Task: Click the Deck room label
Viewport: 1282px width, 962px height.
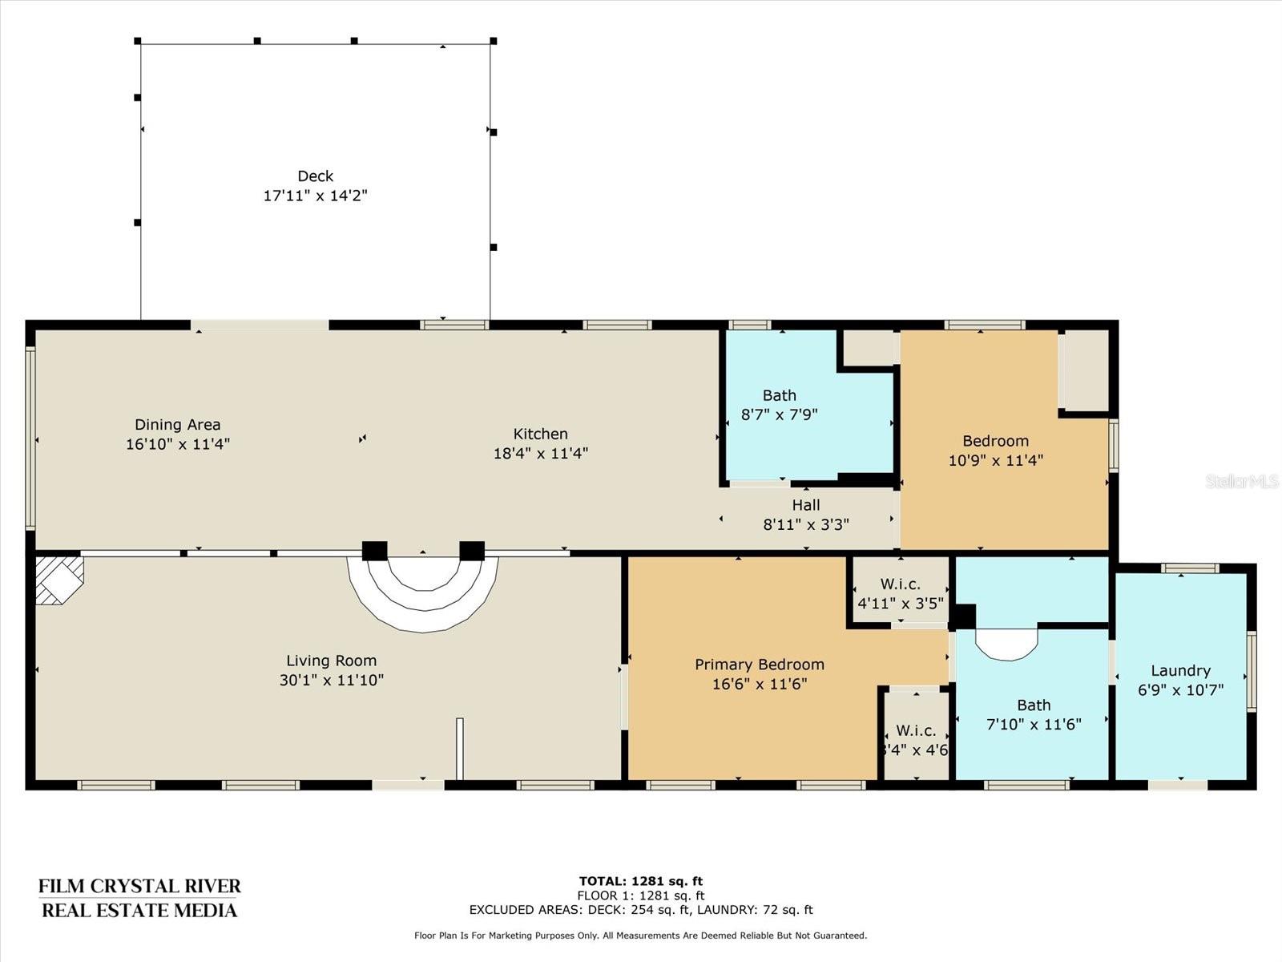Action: tap(316, 176)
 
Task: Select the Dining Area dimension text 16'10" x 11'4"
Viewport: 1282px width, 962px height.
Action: tap(178, 444)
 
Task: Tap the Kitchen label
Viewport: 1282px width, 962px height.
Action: tap(540, 434)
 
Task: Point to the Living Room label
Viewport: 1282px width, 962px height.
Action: tap(331, 661)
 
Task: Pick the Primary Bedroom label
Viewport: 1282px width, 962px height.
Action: tap(760, 665)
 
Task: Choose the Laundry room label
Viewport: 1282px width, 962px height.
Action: tap(1180, 670)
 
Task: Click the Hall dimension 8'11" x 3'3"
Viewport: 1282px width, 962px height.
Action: tap(806, 524)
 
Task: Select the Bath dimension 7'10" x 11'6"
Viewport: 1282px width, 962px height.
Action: tap(1034, 725)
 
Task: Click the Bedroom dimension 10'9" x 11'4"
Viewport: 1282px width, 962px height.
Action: tap(996, 460)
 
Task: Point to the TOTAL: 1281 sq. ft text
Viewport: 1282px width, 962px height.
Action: tap(641, 881)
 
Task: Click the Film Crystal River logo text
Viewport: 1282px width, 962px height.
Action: tap(139, 899)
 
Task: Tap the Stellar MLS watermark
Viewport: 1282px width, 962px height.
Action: tap(1242, 481)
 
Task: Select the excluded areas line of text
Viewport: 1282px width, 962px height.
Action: tap(641, 909)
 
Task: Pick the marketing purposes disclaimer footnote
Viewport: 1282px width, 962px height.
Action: tap(641, 935)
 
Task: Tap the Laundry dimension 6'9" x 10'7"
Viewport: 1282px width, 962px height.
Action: tap(1180, 690)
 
